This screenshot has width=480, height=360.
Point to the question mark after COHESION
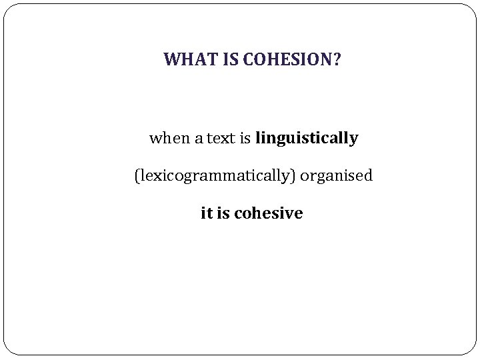(335, 61)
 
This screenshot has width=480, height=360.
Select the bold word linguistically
(307, 139)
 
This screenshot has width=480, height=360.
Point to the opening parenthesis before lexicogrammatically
(137, 177)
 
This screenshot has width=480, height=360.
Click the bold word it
(206, 213)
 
